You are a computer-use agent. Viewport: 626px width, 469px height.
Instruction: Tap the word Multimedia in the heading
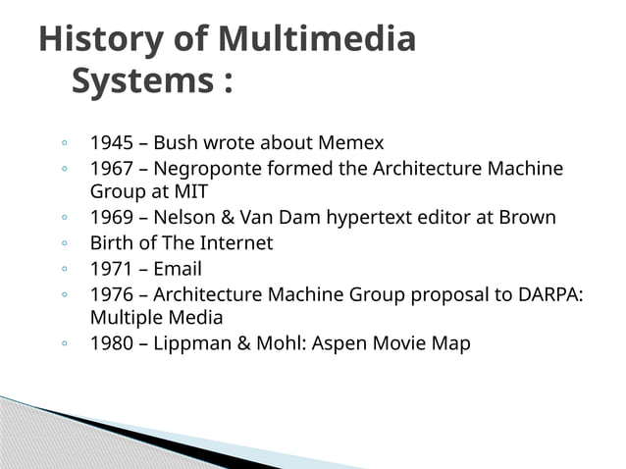[317, 40]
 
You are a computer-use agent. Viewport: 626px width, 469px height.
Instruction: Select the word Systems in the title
[138, 82]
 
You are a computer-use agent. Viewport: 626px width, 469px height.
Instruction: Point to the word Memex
[350, 144]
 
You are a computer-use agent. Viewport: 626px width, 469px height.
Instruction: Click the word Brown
[526, 217]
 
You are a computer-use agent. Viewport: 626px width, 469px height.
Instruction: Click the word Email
[178, 269]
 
